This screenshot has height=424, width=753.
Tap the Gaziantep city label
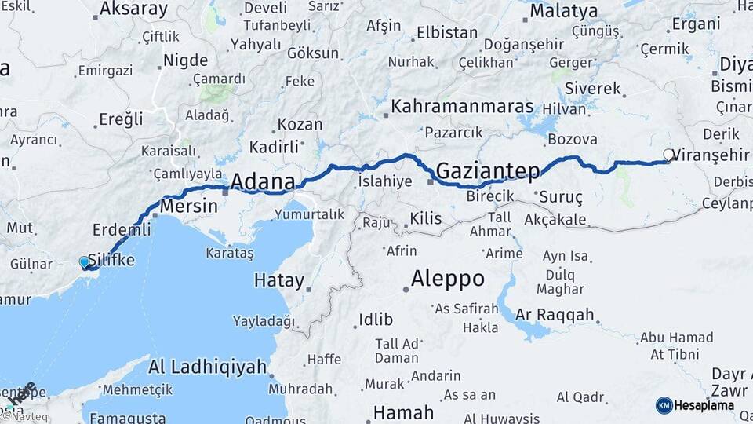(487, 170)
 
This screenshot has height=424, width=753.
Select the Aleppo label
(448, 279)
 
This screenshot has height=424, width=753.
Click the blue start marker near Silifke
(85, 262)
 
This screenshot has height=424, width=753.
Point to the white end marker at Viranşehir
(668, 155)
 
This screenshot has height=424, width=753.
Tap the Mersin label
(188, 207)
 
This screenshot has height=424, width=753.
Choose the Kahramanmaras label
(463, 107)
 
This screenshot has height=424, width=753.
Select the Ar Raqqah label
(555, 315)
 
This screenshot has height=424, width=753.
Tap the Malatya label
(563, 11)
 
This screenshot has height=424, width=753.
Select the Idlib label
(375, 320)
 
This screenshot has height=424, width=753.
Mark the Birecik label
(490, 196)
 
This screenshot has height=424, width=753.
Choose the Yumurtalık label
(310, 214)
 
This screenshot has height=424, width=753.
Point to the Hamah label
(403, 412)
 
